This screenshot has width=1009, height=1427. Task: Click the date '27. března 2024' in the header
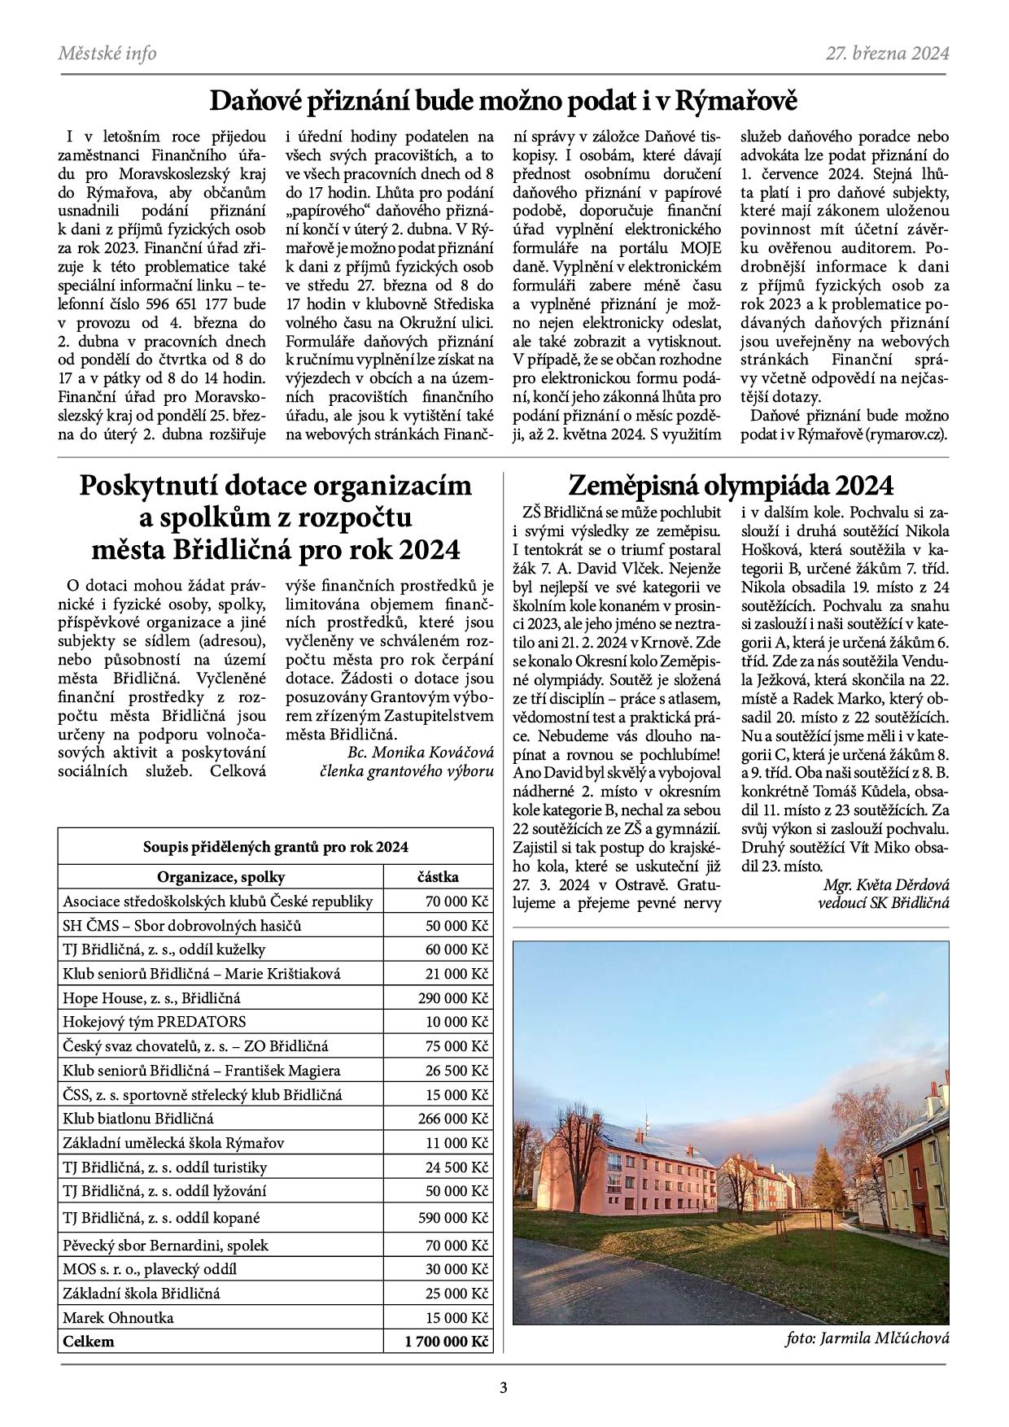[x=888, y=54]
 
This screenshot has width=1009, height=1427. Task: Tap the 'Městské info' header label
[x=107, y=54]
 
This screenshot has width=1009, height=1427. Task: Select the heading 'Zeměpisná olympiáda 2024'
[x=730, y=486]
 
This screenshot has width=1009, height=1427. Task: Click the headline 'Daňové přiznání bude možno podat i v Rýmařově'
[x=504, y=102]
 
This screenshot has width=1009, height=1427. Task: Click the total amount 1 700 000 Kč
[x=446, y=1341]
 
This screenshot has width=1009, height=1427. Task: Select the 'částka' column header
[x=438, y=877]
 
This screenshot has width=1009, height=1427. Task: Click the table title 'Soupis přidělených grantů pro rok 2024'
[x=275, y=847]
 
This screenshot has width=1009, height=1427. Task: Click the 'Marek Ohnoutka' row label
[x=118, y=1317]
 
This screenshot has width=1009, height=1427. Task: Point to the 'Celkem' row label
[x=89, y=1341]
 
